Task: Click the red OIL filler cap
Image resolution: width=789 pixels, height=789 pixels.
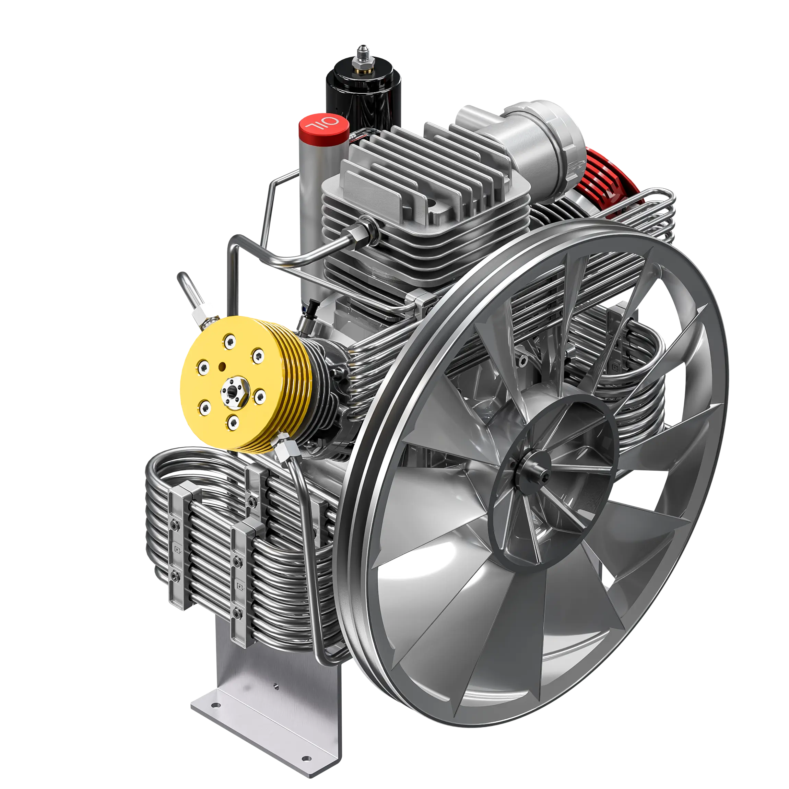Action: pyautogui.click(x=324, y=125)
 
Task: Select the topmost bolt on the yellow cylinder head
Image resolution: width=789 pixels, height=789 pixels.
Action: pyautogui.click(x=230, y=341)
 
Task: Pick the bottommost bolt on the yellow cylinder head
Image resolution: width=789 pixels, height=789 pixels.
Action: pyautogui.click(x=233, y=423)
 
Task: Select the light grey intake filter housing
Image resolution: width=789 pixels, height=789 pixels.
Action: pyautogui.click(x=527, y=139)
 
